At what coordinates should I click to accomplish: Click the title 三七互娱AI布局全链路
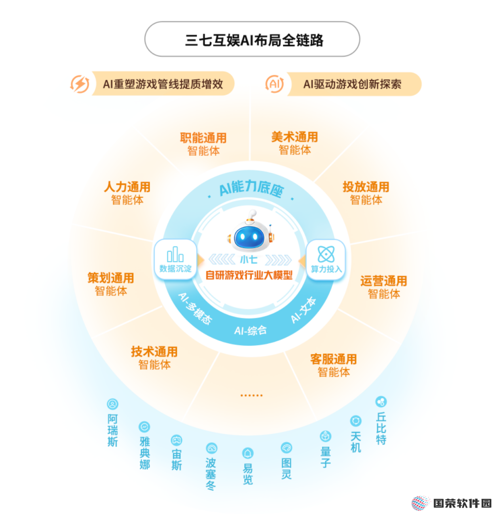click(x=254, y=40)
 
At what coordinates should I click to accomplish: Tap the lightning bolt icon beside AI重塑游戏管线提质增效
click(x=80, y=84)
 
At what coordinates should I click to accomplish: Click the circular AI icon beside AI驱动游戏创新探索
click(x=275, y=84)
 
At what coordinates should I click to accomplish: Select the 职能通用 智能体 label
click(x=203, y=144)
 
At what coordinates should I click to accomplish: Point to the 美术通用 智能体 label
click(x=295, y=143)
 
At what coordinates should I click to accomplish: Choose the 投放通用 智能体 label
click(x=366, y=193)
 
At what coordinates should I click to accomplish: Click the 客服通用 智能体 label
click(x=334, y=365)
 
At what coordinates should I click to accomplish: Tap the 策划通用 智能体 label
click(x=111, y=284)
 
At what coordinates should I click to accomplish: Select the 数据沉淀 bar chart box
click(x=176, y=260)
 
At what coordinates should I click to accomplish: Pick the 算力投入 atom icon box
click(x=326, y=260)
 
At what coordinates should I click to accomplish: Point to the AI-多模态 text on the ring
click(x=195, y=308)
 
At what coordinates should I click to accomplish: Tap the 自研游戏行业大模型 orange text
click(x=249, y=275)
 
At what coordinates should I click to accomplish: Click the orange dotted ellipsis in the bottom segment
click(x=251, y=395)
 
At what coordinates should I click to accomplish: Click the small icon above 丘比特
click(x=381, y=401)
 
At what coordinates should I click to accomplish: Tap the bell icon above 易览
click(x=248, y=453)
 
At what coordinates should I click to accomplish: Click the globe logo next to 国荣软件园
click(x=420, y=503)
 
